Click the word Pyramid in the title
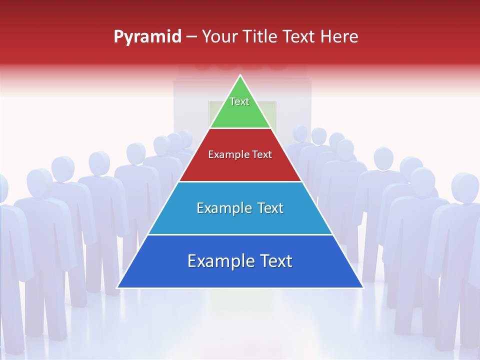(147, 37)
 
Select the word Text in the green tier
(239, 101)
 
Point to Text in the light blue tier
(267, 208)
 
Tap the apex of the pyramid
(240, 75)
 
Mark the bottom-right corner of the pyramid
(362, 287)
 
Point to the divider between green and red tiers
(240, 128)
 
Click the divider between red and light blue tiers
(240, 181)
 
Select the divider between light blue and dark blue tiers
(240, 234)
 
